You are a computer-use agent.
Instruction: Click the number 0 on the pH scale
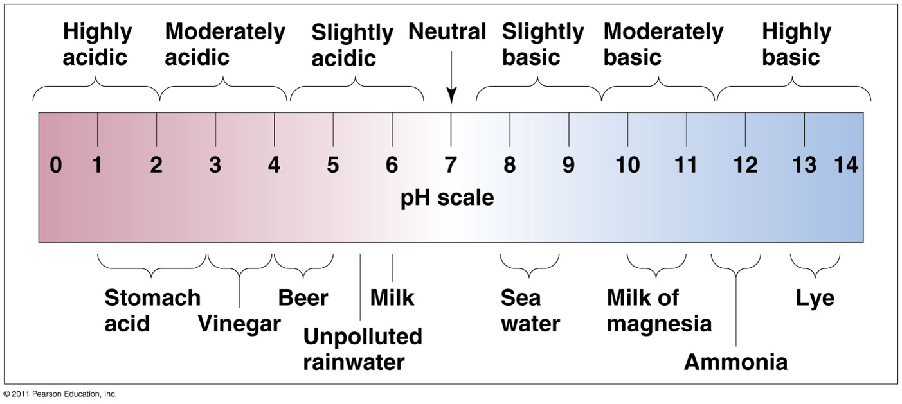[56, 166]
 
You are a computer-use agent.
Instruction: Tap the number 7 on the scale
[451, 166]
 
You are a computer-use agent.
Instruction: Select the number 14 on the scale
[846, 166]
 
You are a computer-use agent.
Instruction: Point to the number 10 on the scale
[627, 166]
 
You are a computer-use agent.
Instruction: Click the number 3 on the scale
[215, 166]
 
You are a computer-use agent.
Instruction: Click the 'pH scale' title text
[447, 198]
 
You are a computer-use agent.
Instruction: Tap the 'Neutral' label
[447, 32]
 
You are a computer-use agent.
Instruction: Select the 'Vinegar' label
[239, 324]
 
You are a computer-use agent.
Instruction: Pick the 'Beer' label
[303, 298]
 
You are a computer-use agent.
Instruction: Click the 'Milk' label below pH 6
[392, 298]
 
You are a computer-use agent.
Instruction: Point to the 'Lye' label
[815, 298]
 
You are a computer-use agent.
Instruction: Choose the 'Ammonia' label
[735, 362]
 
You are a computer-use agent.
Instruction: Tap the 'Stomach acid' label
[152, 311]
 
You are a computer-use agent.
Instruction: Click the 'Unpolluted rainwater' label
[363, 349]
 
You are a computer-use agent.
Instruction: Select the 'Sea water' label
[530, 311]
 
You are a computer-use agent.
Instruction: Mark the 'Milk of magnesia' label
[659, 311]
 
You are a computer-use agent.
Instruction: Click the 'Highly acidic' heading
[97, 44]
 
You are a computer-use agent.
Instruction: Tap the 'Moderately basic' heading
[663, 44]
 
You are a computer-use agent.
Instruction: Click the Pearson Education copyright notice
[60, 394]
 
